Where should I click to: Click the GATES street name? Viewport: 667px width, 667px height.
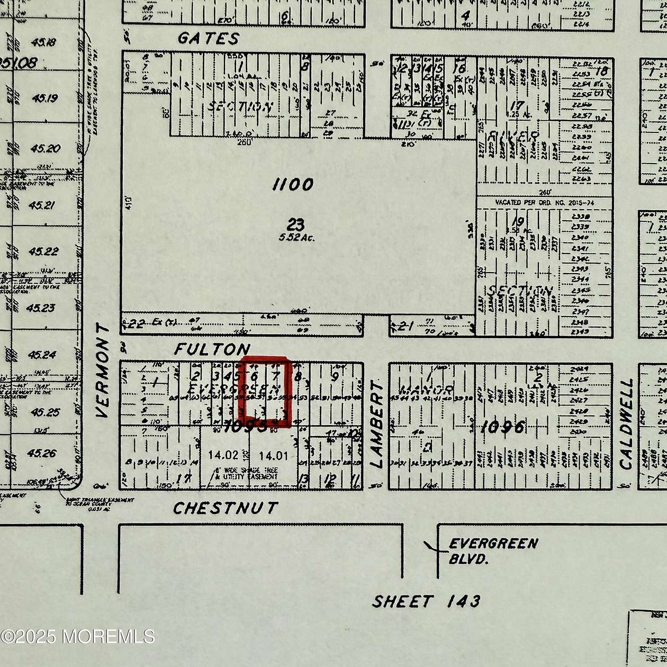coord(208,39)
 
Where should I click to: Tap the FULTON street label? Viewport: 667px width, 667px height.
coord(212,349)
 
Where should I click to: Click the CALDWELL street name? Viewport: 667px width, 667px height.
coord(626,424)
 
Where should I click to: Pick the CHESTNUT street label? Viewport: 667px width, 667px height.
coord(225,508)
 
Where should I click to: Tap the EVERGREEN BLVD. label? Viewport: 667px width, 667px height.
coord(493,551)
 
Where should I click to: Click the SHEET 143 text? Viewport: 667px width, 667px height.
coord(426,602)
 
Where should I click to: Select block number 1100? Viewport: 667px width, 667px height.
coord(293,185)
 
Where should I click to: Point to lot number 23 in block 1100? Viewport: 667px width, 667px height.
coord(295,225)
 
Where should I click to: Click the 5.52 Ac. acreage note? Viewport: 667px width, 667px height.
coord(296,238)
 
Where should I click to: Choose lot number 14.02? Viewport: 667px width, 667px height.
coord(223,455)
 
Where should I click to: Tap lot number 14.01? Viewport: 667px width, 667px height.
coord(273,455)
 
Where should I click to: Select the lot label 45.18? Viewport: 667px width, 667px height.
coord(43,42)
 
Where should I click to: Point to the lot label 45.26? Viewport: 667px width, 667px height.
coord(42,453)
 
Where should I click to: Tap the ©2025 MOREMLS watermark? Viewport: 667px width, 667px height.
coord(78,636)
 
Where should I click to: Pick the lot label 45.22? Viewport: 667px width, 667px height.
coord(42,251)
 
